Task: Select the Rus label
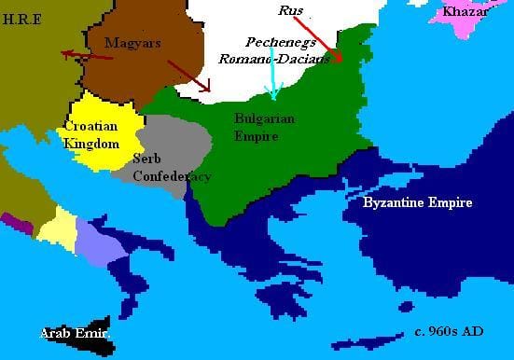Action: tap(292, 10)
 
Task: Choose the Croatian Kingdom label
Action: tap(91, 134)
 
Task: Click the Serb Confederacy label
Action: tap(172, 167)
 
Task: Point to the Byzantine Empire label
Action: tap(417, 202)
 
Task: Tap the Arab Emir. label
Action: tap(76, 333)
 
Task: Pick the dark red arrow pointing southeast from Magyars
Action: tap(188, 76)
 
